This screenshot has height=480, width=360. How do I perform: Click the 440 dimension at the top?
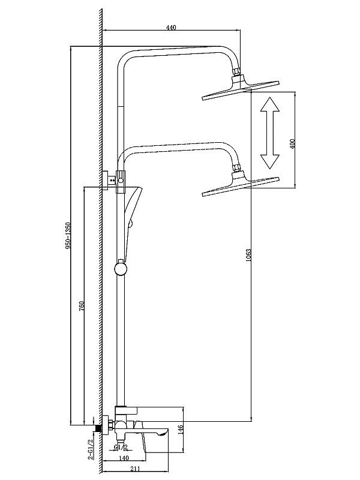coord(170,27)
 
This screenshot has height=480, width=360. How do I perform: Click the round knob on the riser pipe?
coord(121,267)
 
